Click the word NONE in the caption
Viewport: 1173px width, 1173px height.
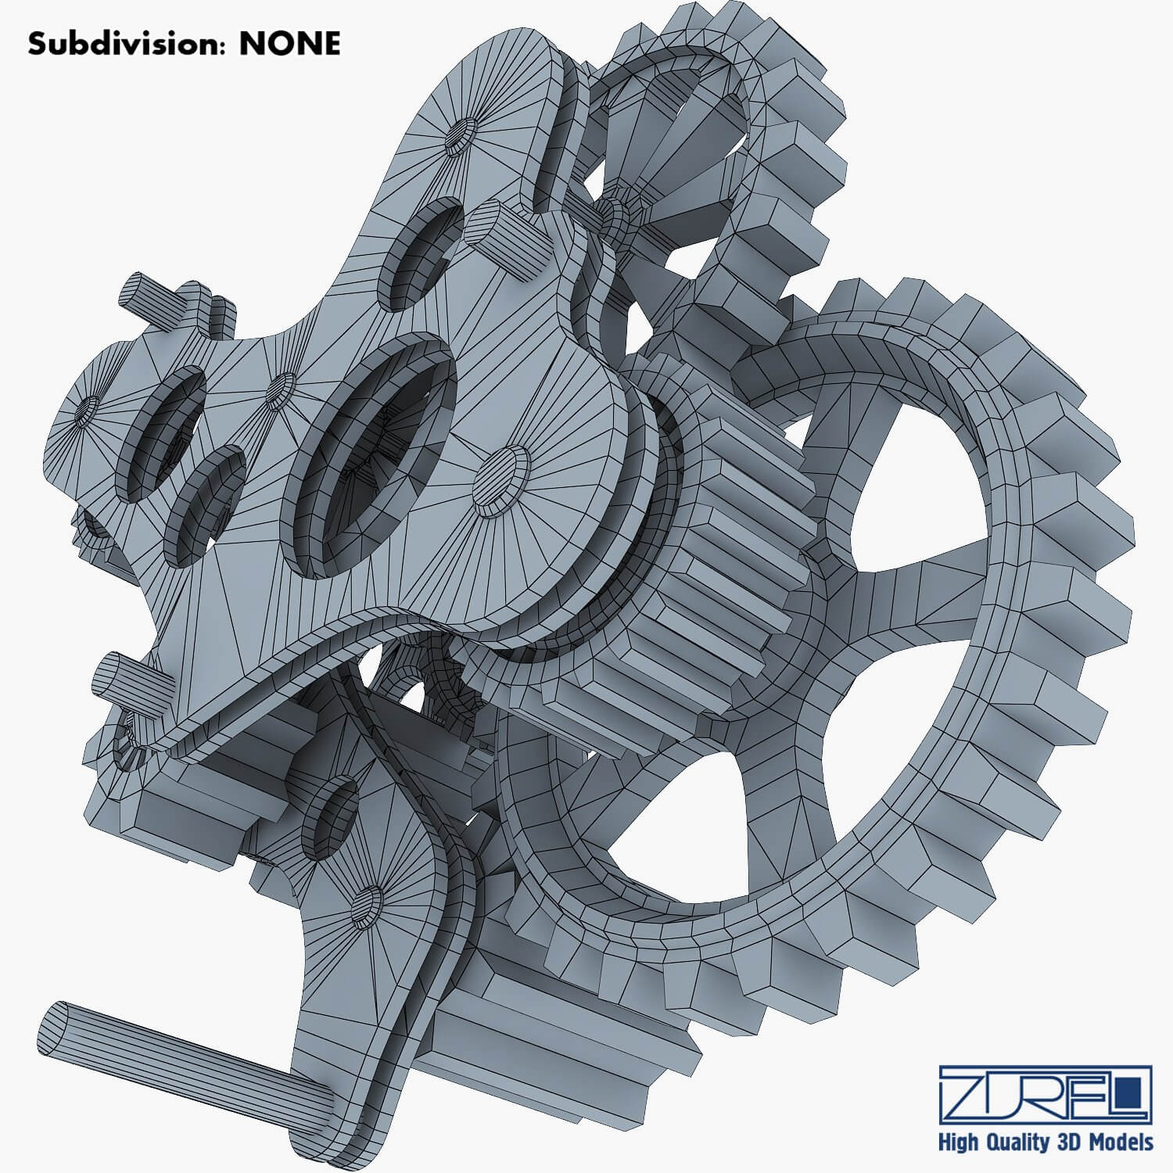(x=289, y=44)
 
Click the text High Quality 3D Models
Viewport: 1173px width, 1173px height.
(x=1046, y=1142)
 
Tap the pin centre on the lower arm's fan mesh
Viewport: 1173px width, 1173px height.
(x=368, y=907)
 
